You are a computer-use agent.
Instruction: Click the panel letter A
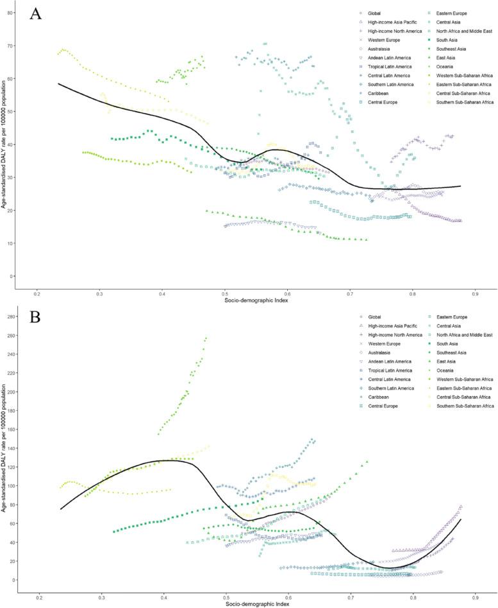pyautogui.click(x=35, y=14)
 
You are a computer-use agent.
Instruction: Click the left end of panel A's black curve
pyautogui.click(x=58, y=83)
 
